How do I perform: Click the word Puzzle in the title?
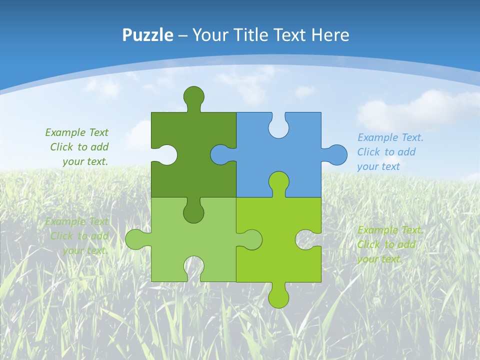point(148,35)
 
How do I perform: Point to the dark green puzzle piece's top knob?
point(194,96)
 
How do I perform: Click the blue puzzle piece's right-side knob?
point(336,154)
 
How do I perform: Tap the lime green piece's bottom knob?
point(278,296)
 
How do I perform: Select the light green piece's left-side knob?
point(136,239)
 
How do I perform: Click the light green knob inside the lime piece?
point(251,239)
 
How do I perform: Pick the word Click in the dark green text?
point(62,147)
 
